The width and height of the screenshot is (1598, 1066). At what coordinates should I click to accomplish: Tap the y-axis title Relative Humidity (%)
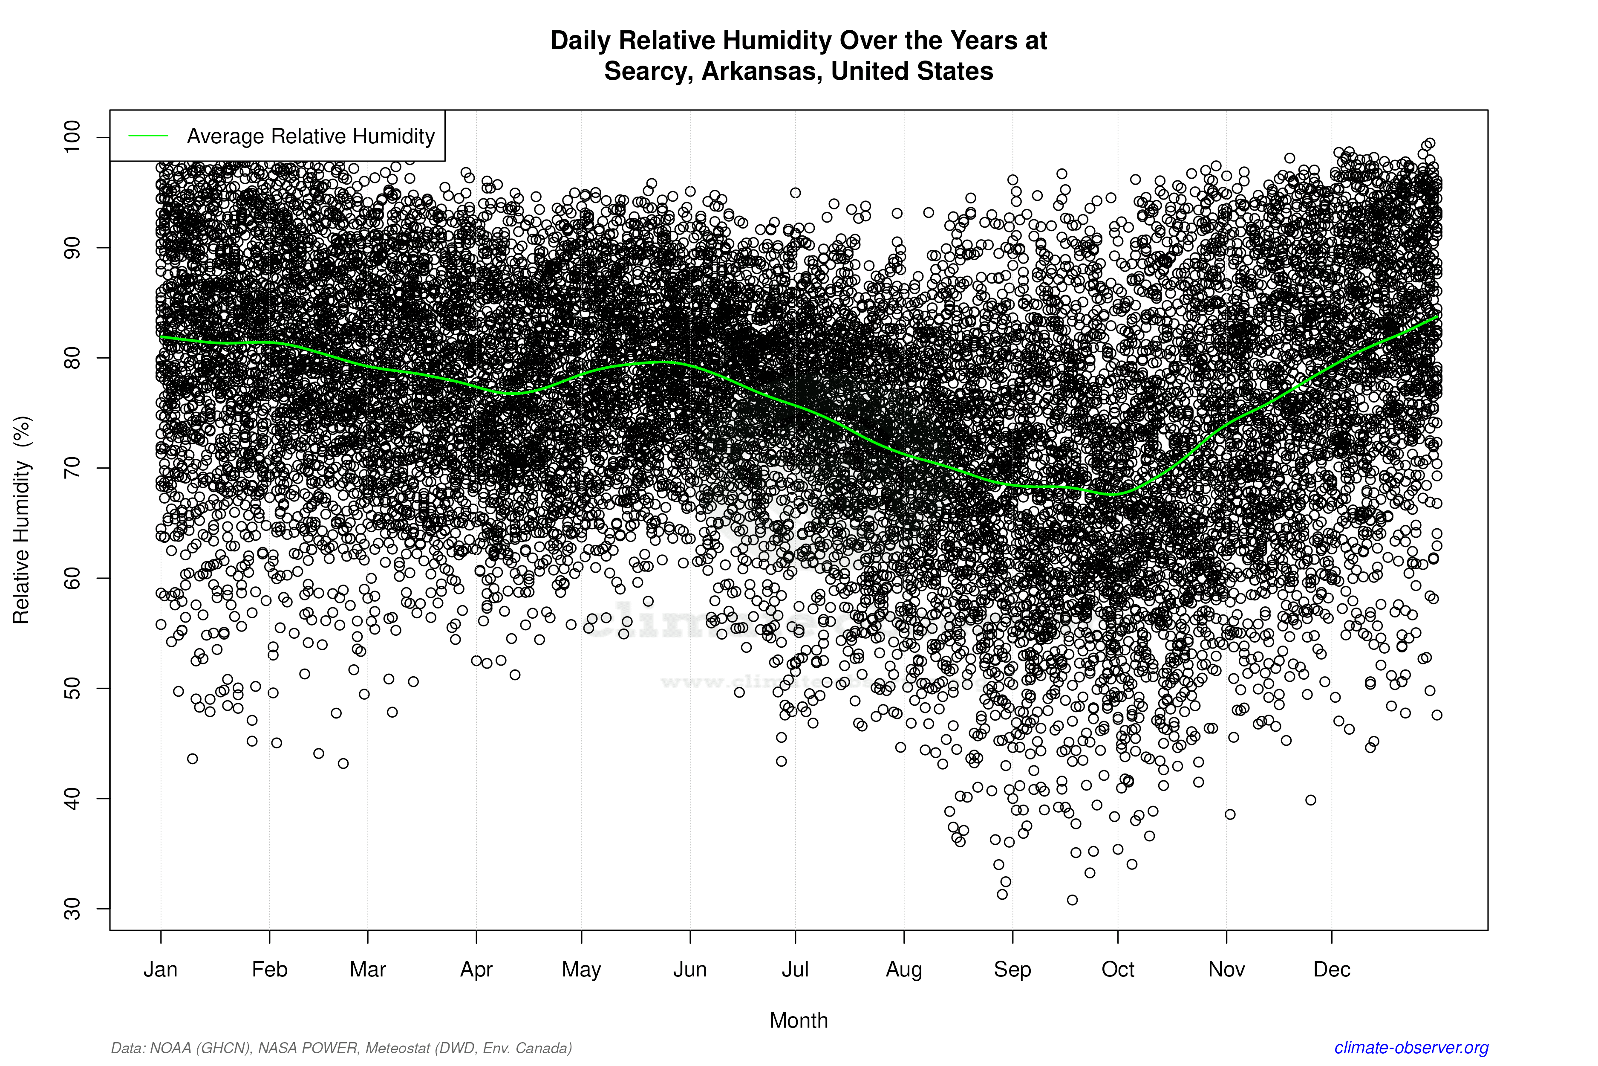22,520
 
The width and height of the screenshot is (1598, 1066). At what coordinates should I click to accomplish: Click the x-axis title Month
799,1020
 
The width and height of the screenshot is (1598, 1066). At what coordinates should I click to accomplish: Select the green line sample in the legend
148,136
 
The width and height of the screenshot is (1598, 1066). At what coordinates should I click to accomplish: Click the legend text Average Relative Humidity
311,136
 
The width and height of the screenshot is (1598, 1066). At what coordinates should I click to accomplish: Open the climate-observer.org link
1411,1048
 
